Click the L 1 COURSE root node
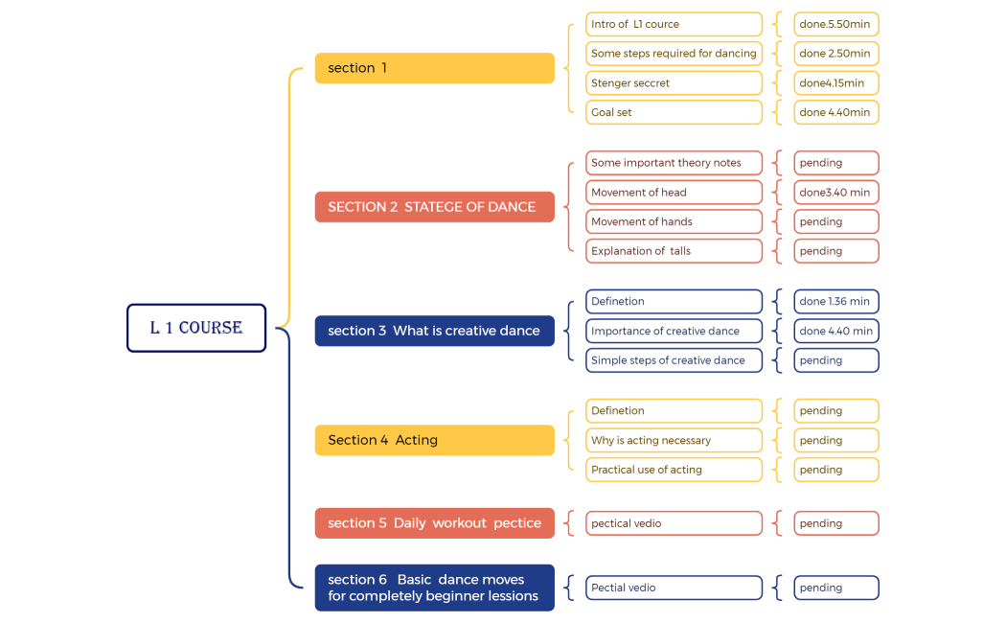click(196, 328)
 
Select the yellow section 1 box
click(434, 68)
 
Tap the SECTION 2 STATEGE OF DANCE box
click(434, 207)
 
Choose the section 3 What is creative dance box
click(434, 331)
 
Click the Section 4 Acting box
click(434, 440)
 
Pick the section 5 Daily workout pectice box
click(434, 523)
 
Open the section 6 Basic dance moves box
click(434, 588)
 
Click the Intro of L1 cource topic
click(674, 24)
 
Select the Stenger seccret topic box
click(674, 83)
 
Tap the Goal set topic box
click(674, 112)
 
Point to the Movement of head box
click(674, 193)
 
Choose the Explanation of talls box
click(674, 251)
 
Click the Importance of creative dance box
click(674, 332)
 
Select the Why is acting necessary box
click(674, 441)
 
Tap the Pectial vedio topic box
click(674, 588)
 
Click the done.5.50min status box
click(835, 24)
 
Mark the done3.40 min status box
click(835, 193)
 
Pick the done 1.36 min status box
click(835, 302)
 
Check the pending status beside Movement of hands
click(835, 221)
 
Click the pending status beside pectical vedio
click(835, 523)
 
